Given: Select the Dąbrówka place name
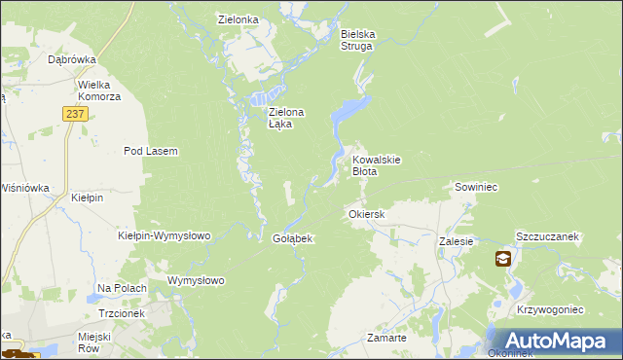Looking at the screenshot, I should (x=71, y=59).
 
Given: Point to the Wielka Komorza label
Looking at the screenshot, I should (x=99, y=90).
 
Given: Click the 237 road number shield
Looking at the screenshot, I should (x=77, y=114).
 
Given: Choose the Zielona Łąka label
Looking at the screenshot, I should (x=286, y=118).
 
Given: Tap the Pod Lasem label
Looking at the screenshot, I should (x=150, y=151).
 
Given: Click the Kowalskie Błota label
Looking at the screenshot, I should (x=377, y=164).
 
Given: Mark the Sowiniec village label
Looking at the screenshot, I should (x=476, y=186).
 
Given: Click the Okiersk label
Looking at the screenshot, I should (x=367, y=213).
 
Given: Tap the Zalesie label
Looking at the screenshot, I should (x=456, y=240).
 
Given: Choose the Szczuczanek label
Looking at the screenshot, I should (x=548, y=236).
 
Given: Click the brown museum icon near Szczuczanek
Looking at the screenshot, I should (x=502, y=259).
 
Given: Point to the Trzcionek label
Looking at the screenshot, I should (x=121, y=314).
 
